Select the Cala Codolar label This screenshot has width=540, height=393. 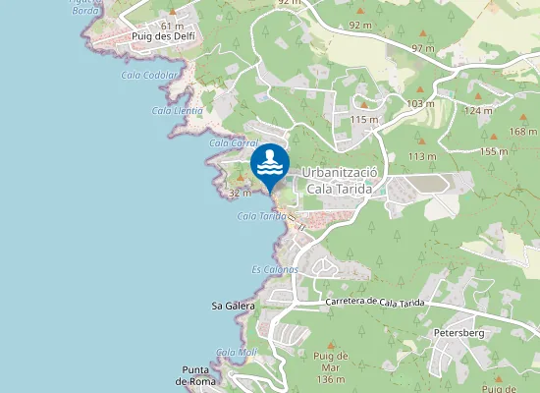[x=150, y=75]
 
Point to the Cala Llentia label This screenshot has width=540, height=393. [x=177, y=110]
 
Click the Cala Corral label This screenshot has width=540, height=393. [x=233, y=143]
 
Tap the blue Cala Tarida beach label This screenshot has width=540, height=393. [x=261, y=216]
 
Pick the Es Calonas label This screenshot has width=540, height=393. [x=275, y=269]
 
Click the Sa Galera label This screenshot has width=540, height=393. [x=233, y=307]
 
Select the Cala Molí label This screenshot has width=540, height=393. [x=237, y=352]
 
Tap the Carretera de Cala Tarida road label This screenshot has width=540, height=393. [x=375, y=304]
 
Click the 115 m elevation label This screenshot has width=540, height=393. [x=363, y=120]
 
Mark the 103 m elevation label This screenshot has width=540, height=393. [x=420, y=103]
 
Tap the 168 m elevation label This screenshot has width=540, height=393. [x=523, y=132]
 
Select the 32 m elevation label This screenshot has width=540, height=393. [x=240, y=194]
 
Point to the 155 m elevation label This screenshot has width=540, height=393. [x=494, y=151]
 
